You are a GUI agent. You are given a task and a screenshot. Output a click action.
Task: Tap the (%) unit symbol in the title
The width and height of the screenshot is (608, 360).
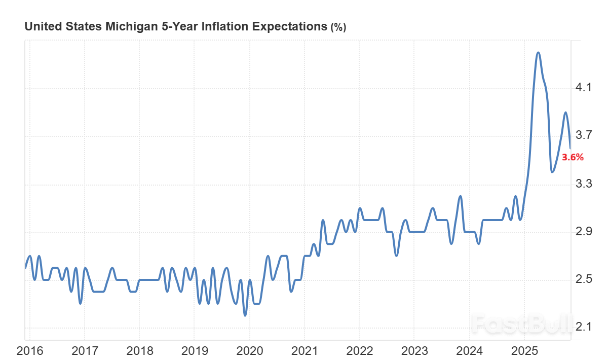point(338,27)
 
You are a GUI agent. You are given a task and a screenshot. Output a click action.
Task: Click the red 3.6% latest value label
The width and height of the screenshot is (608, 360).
point(573,157)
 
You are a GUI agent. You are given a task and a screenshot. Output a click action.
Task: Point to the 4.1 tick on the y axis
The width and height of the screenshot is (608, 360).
point(584,88)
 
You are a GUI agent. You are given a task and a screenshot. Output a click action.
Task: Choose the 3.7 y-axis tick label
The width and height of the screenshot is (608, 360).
point(584,135)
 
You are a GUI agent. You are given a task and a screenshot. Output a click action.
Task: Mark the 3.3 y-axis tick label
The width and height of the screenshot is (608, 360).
point(584,184)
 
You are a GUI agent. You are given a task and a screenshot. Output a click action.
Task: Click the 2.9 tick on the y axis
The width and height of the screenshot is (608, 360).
point(584,232)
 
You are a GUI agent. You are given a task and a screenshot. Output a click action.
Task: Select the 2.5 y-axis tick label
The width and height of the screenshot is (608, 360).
point(584,279)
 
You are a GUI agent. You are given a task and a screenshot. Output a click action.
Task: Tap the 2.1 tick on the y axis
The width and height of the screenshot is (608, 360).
point(584,328)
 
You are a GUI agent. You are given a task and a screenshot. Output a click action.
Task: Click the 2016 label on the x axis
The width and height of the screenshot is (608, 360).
point(29,350)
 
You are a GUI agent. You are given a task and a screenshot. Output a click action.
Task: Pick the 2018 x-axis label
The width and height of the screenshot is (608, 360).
point(139,350)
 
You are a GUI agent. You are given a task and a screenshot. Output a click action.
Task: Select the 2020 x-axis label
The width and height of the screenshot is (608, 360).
point(249,350)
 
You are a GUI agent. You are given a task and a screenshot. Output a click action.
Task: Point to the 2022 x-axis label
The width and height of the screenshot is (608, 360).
point(359,350)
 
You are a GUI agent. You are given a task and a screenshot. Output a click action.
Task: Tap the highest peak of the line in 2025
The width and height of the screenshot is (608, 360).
point(538,53)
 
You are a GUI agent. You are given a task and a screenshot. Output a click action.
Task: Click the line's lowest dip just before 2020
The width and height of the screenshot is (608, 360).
point(245,315)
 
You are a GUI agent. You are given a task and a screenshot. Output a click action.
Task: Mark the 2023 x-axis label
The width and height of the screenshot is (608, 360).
point(414,350)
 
